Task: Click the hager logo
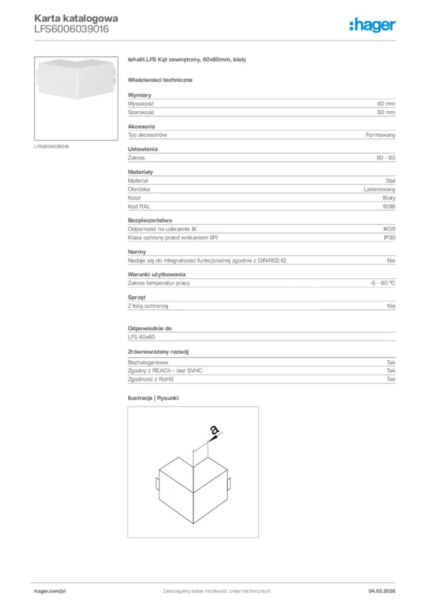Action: pos(372,25)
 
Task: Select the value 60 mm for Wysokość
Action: pos(386,103)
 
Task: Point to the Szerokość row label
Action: pos(141,112)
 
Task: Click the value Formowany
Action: pos(380,135)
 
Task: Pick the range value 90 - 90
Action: pos(386,158)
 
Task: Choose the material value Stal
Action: pos(391,180)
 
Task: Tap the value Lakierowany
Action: pos(380,189)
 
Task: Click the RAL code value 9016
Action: pos(390,207)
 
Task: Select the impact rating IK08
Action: pos(389,229)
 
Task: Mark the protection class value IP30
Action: pos(390,238)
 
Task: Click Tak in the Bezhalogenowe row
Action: pos(391,362)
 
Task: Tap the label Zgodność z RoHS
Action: pos(151,379)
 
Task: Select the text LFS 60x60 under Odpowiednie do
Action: pos(141,337)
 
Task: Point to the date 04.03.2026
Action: pos(381,591)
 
